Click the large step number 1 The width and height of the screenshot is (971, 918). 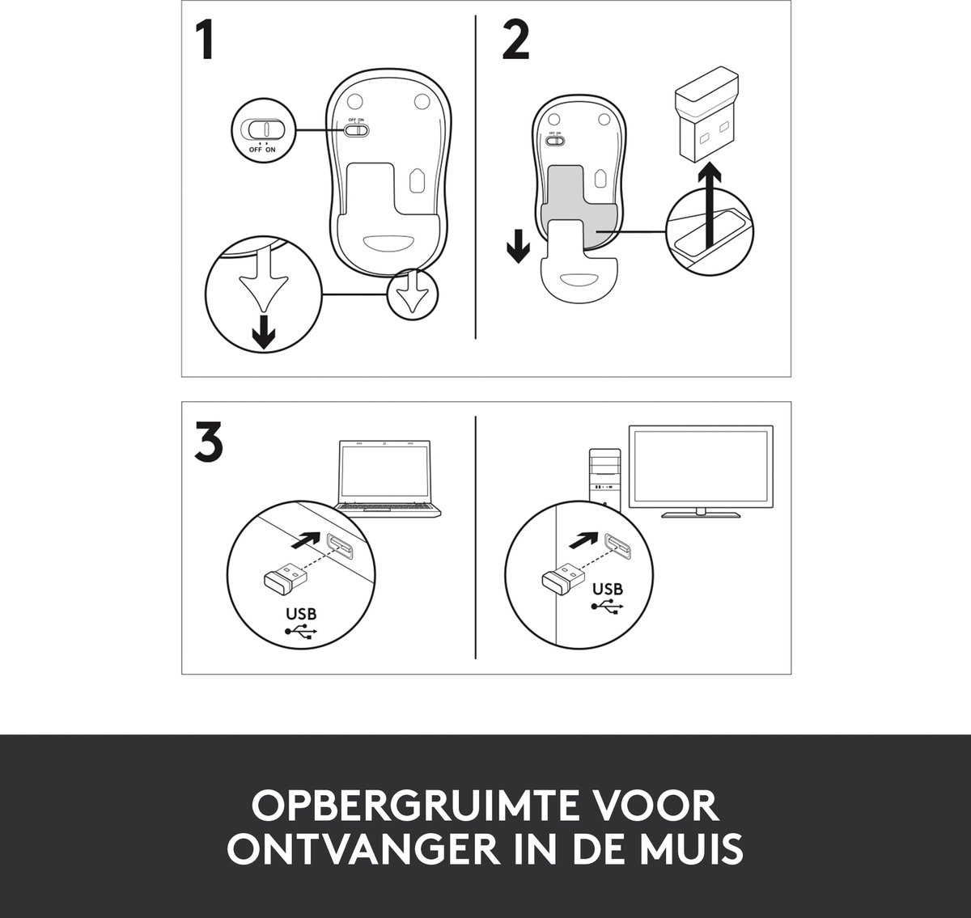(x=205, y=40)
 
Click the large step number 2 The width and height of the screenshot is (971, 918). (x=515, y=40)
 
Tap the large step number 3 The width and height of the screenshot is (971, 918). (x=209, y=442)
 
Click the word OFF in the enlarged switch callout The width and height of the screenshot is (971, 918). (x=255, y=150)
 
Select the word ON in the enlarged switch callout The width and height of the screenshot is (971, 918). (x=270, y=150)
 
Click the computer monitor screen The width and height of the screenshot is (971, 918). (x=701, y=467)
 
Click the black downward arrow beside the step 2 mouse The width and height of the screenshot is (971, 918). (x=518, y=245)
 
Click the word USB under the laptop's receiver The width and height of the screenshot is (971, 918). (x=301, y=614)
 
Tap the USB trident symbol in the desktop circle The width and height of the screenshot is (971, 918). (x=608, y=606)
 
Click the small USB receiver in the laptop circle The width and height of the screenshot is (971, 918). (x=286, y=577)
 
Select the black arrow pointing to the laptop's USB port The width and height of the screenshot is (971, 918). (x=306, y=539)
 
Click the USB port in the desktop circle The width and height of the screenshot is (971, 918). (x=618, y=547)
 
